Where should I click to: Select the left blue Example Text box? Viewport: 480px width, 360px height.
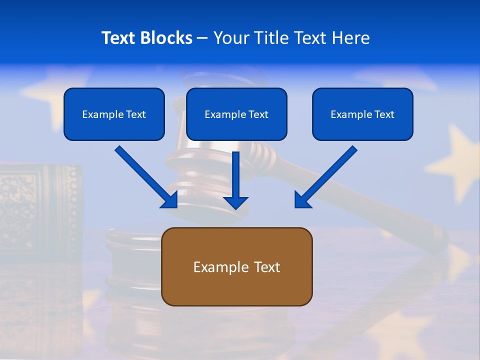tap(114, 114)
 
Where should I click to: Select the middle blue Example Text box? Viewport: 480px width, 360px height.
tap(236, 114)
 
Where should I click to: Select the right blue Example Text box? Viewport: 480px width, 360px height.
tap(362, 114)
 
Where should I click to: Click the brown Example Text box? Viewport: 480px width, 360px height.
tap(236, 266)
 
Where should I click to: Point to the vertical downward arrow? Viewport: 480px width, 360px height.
tap(235, 177)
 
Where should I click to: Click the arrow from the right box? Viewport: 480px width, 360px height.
tap(327, 175)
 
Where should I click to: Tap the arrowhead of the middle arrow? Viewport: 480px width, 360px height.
tap(235, 202)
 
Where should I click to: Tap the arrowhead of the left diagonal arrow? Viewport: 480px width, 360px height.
tap(170, 200)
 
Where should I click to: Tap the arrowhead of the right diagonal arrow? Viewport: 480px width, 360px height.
tap(302, 200)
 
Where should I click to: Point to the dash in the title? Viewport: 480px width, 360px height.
tap(202, 38)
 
